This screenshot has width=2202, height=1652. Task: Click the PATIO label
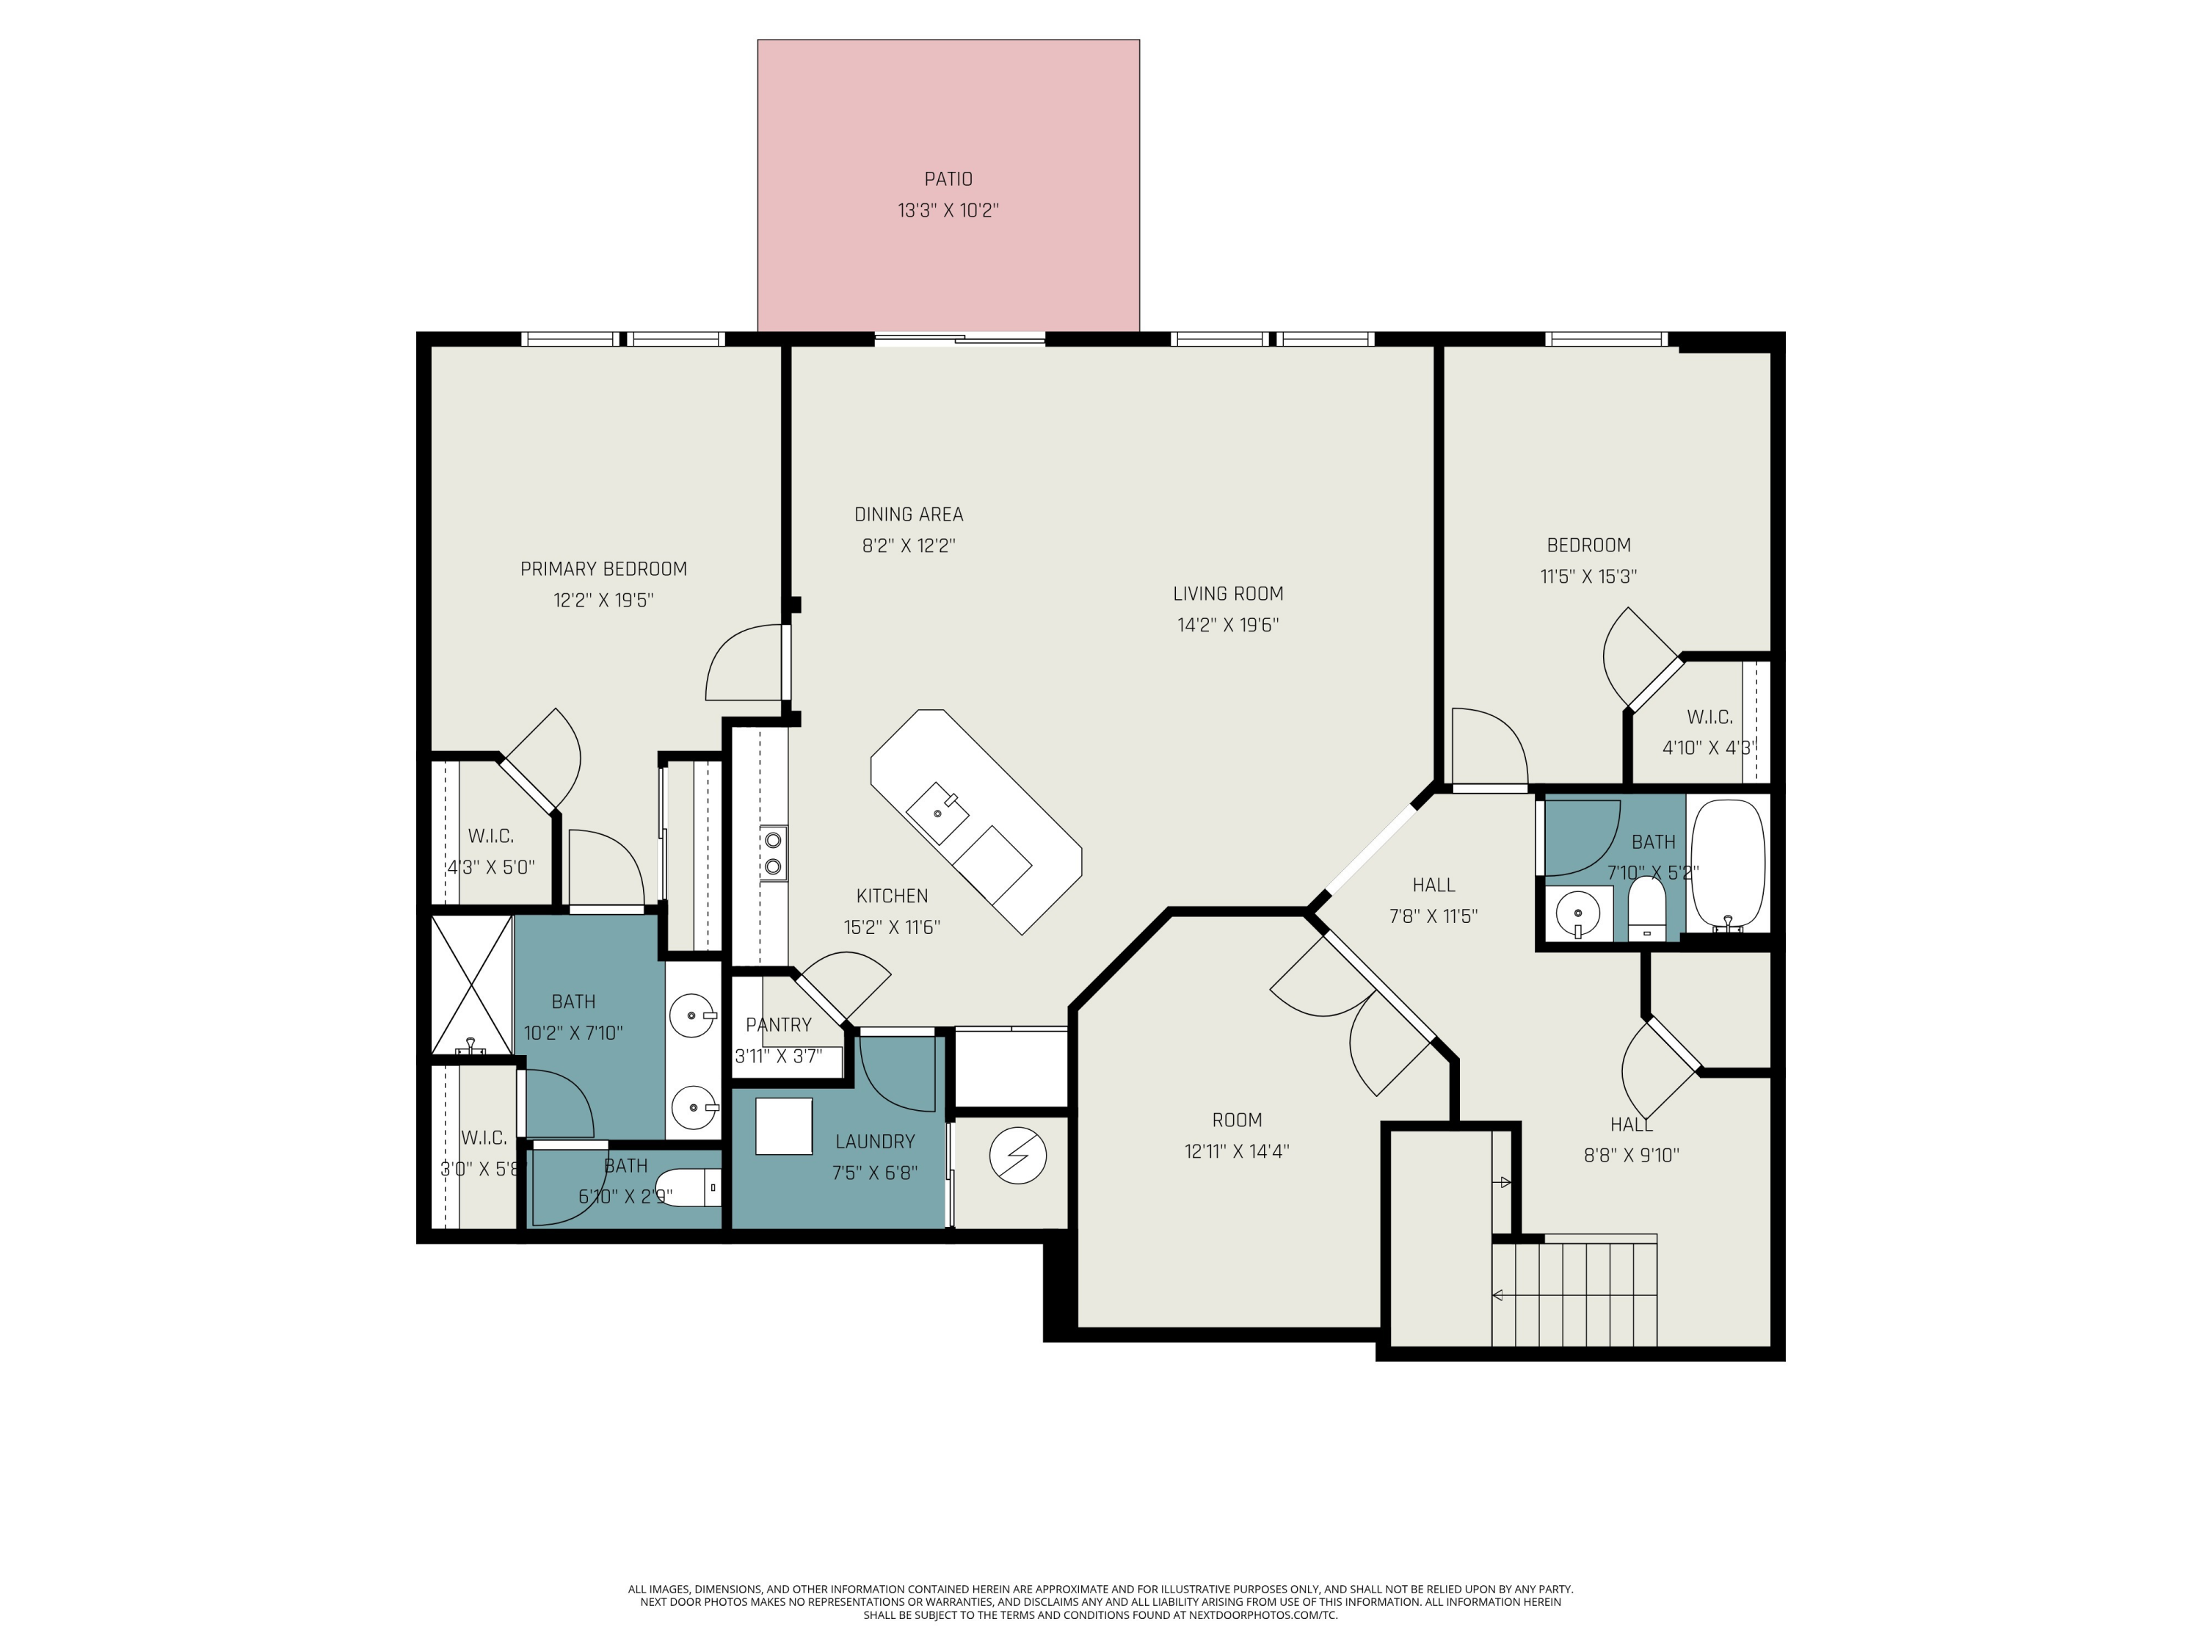[x=948, y=179]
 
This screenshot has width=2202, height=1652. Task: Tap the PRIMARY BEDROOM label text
[x=603, y=568]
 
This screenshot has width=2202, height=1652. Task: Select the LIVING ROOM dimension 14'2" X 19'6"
[x=1227, y=626]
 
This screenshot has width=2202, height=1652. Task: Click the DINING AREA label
[x=909, y=515]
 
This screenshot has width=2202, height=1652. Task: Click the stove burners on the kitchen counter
[x=772, y=853]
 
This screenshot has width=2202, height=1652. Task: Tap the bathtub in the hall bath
[x=1728, y=866]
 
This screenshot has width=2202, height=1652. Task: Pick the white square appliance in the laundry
[x=785, y=1126]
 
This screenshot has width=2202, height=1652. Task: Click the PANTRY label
[x=779, y=1025]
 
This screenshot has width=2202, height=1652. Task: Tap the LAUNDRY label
[x=875, y=1142]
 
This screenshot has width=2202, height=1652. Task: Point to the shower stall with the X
[x=472, y=984]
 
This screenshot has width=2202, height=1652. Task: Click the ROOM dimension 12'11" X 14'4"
[x=1236, y=1151]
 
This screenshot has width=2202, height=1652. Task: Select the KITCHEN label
[x=892, y=896]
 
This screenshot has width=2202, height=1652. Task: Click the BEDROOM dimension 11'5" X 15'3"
[x=1589, y=576]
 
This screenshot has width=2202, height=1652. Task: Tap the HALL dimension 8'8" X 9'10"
[x=1632, y=1155]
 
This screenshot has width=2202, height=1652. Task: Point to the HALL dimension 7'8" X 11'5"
[x=1434, y=916]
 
